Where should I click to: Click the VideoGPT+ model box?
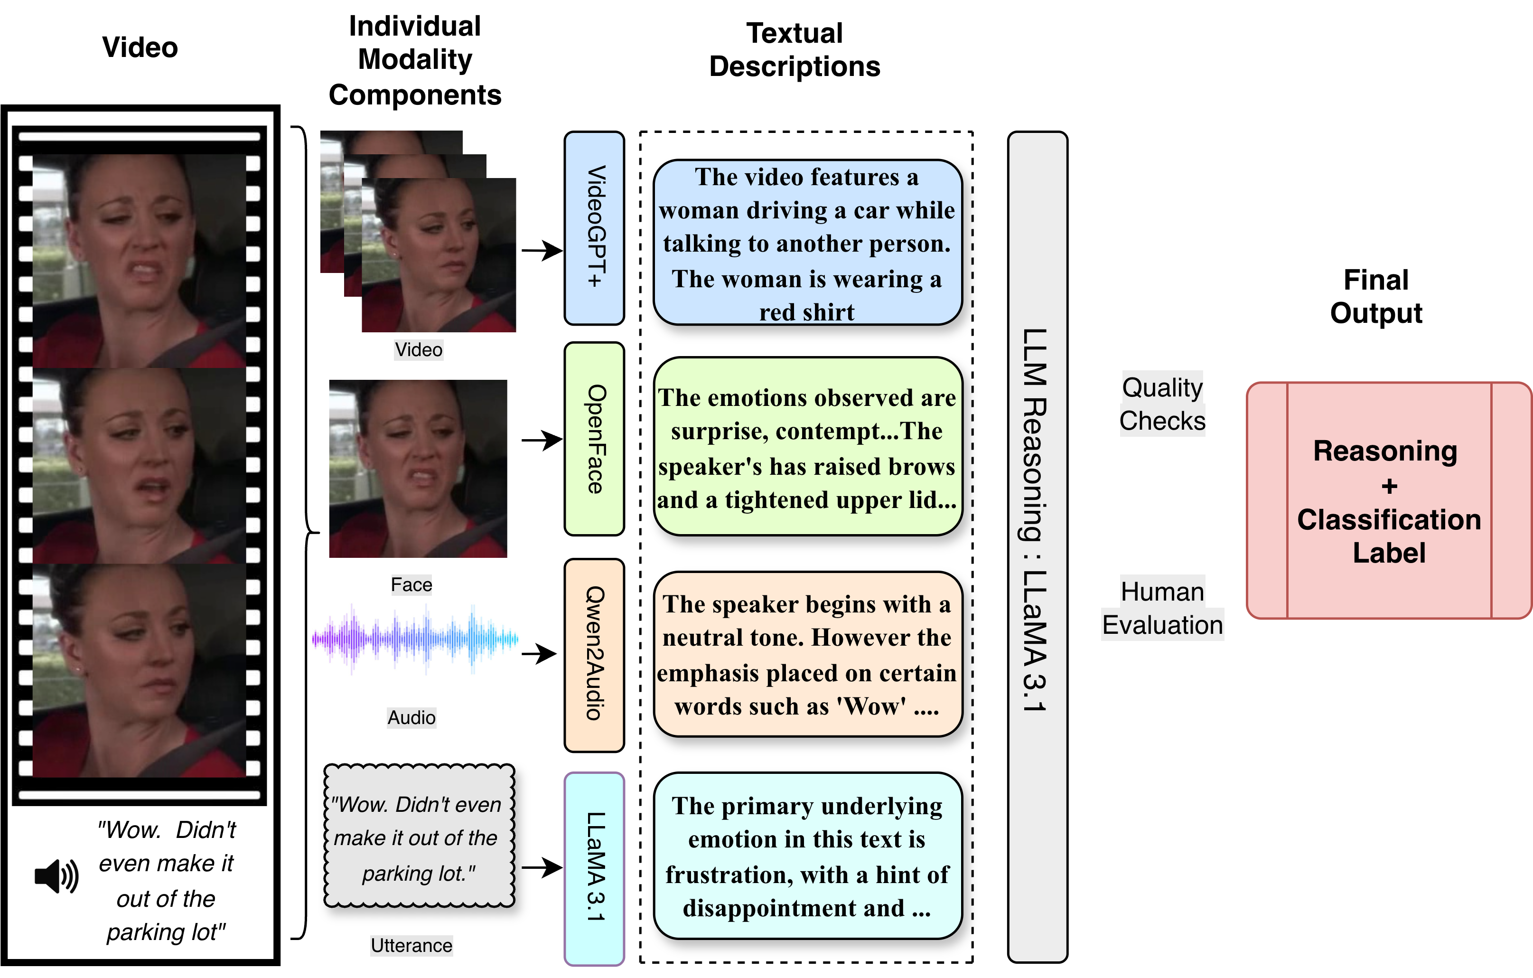coord(594,227)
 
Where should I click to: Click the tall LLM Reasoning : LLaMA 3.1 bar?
coord(1037,546)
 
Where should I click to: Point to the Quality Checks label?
coord(1162,404)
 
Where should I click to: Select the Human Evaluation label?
coord(1162,608)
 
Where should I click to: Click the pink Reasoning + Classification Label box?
coord(1389,500)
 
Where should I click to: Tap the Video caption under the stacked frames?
coord(418,349)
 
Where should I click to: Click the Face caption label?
coord(411,584)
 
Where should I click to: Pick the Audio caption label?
coord(411,717)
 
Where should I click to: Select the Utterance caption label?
coord(411,946)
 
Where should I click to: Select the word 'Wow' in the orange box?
coord(871,706)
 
